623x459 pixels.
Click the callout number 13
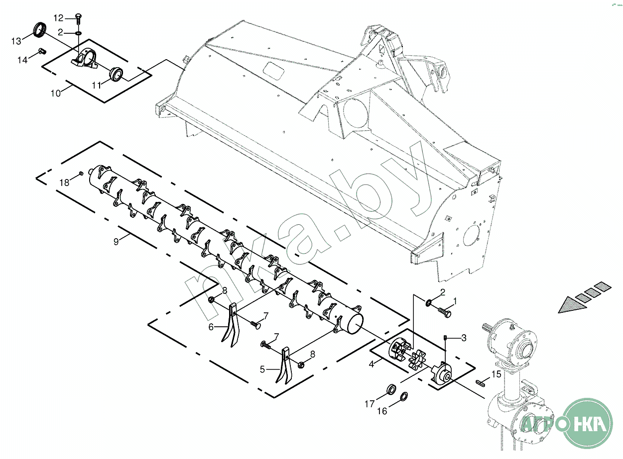tap(16, 41)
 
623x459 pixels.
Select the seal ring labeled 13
tap(40, 30)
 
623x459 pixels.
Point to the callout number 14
tap(22, 60)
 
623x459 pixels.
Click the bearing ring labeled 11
tap(116, 75)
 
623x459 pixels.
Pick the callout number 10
tap(56, 93)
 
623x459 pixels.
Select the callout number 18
tap(64, 183)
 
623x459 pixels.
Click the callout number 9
tap(116, 241)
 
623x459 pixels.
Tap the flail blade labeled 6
tap(232, 325)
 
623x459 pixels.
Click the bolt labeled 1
tap(445, 312)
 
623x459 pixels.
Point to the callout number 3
tap(464, 338)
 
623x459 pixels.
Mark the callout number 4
tap(372, 365)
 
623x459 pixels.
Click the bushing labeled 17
tap(391, 389)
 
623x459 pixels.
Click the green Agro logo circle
tap(588, 423)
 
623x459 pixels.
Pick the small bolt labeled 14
tap(42, 51)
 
